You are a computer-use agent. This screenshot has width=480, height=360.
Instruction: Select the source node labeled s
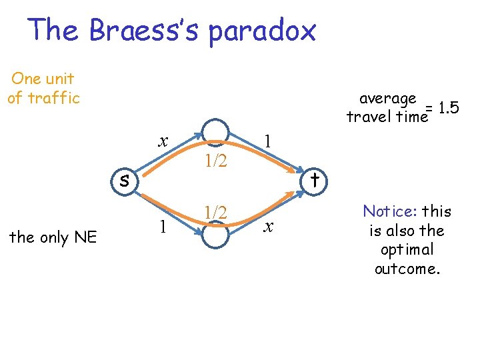(x=125, y=179)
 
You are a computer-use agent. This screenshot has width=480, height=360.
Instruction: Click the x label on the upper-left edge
(x=162, y=141)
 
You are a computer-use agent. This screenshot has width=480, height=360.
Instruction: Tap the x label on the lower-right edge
(x=268, y=227)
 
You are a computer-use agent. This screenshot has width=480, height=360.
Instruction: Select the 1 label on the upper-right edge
(x=267, y=141)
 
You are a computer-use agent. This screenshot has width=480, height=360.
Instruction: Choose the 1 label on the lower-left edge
(x=162, y=227)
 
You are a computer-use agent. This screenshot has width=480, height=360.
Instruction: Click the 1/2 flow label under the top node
(x=216, y=160)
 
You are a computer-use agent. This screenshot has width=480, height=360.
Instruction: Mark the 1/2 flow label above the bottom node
(x=216, y=213)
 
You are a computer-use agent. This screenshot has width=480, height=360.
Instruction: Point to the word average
(x=387, y=99)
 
